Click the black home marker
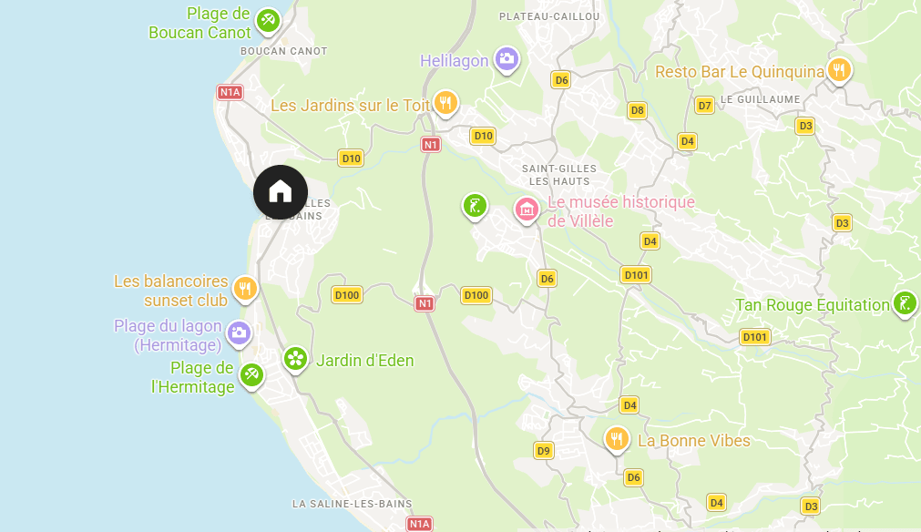click(x=281, y=191)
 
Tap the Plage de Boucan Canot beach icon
click(x=268, y=20)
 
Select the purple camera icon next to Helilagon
click(x=507, y=60)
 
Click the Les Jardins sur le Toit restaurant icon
click(x=445, y=103)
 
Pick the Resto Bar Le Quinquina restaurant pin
click(x=839, y=70)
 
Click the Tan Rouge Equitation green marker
click(x=904, y=303)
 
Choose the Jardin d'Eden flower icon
click(x=295, y=359)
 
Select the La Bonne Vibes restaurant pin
click(x=617, y=440)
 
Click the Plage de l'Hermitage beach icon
click(x=251, y=374)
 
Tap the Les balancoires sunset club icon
click(x=244, y=289)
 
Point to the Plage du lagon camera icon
click(x=239, y=332)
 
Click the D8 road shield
click(x=638, y=110)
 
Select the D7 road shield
click(x=704, y=106)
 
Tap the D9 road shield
click(x=544, y=450)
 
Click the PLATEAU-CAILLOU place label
click(x=549, y=16)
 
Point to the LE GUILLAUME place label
click(x=760, y=99)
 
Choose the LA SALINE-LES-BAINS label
click(x=352, y=504)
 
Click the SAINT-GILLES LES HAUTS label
click(x=558, y=175)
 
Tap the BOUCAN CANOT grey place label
click(x=283, y=52)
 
